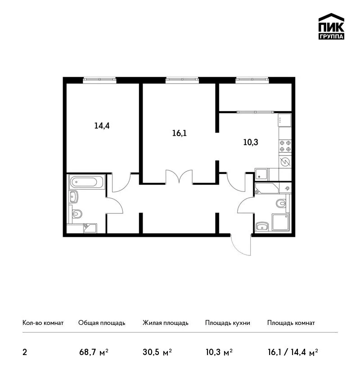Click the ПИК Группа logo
[331, 27]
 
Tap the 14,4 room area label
[102, 126]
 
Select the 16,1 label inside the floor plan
[180, 133]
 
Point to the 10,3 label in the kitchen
[251, 142]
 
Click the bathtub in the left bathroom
[87, 182]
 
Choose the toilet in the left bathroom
[76, 214]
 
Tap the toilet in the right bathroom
[282, 203]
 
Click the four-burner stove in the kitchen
[285, 146]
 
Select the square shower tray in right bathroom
[280, 222]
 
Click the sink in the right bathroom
[262, 227]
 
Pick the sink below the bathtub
[73, 196]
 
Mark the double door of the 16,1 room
[179, 176]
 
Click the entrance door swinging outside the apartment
[240, 245]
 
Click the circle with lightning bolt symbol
[285, 162]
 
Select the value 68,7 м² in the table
[94, 352]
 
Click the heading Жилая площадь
[165, 323]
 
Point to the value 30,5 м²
[157, 352]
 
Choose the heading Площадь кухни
[228, 323]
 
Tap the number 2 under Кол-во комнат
[25, 352]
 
